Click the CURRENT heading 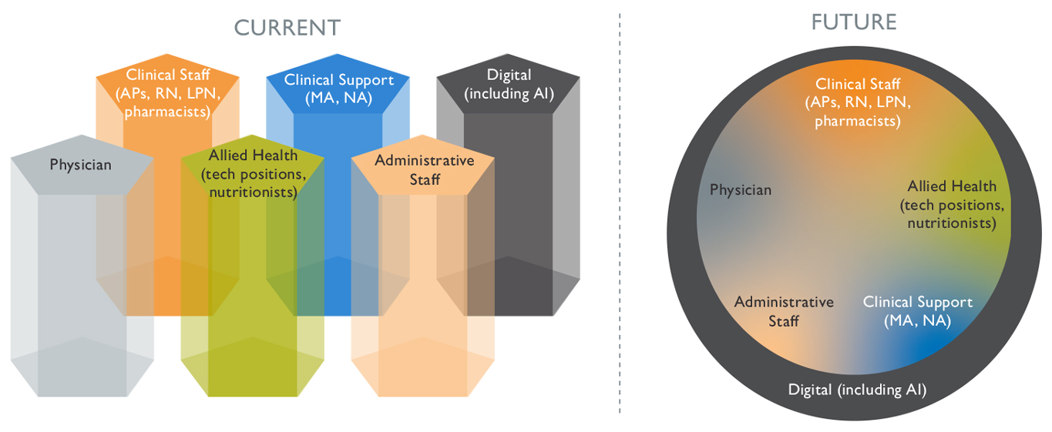(x=287, y=28)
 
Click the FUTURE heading (x=853, y=22)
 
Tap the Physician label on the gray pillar (x=80, y=165)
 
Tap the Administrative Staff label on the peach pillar (x=424, y=169)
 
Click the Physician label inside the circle (x=740, y=190)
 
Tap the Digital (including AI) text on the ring (x=857, y=390)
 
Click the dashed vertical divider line (x=620, y=216)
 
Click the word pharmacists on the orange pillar (x=168, y=111)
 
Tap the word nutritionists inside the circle (x=952, y=223)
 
